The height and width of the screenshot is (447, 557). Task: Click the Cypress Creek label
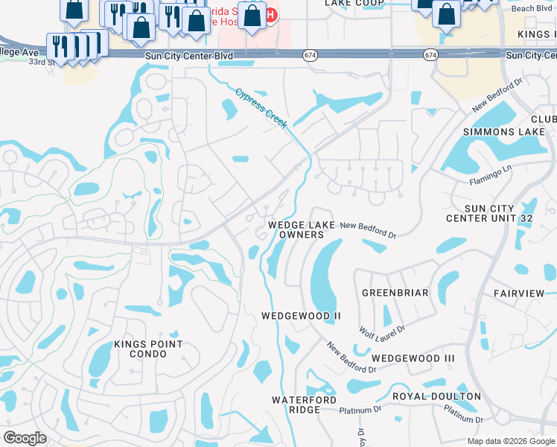[x=261, y=109]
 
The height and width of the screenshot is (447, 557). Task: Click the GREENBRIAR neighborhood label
[x=395, y=293]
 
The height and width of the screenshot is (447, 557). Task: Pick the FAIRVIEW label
[x=519, y=294]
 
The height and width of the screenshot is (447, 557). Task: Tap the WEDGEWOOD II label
[x=301, y=316]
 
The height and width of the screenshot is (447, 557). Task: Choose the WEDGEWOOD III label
[x=413, y=358]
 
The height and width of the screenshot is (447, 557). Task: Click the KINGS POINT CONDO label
[x=148, y=349]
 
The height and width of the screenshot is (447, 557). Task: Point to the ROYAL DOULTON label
[x=436, y=396]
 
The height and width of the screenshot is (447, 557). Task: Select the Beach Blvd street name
[x=532, y=8]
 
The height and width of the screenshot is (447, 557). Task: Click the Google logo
[x=25, y=438]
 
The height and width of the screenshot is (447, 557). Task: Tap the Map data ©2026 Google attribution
[x=511, y=441]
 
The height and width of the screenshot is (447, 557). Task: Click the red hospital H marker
[x=272, y=14]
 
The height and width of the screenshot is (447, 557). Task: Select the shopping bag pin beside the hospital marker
[x=252, y=16]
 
